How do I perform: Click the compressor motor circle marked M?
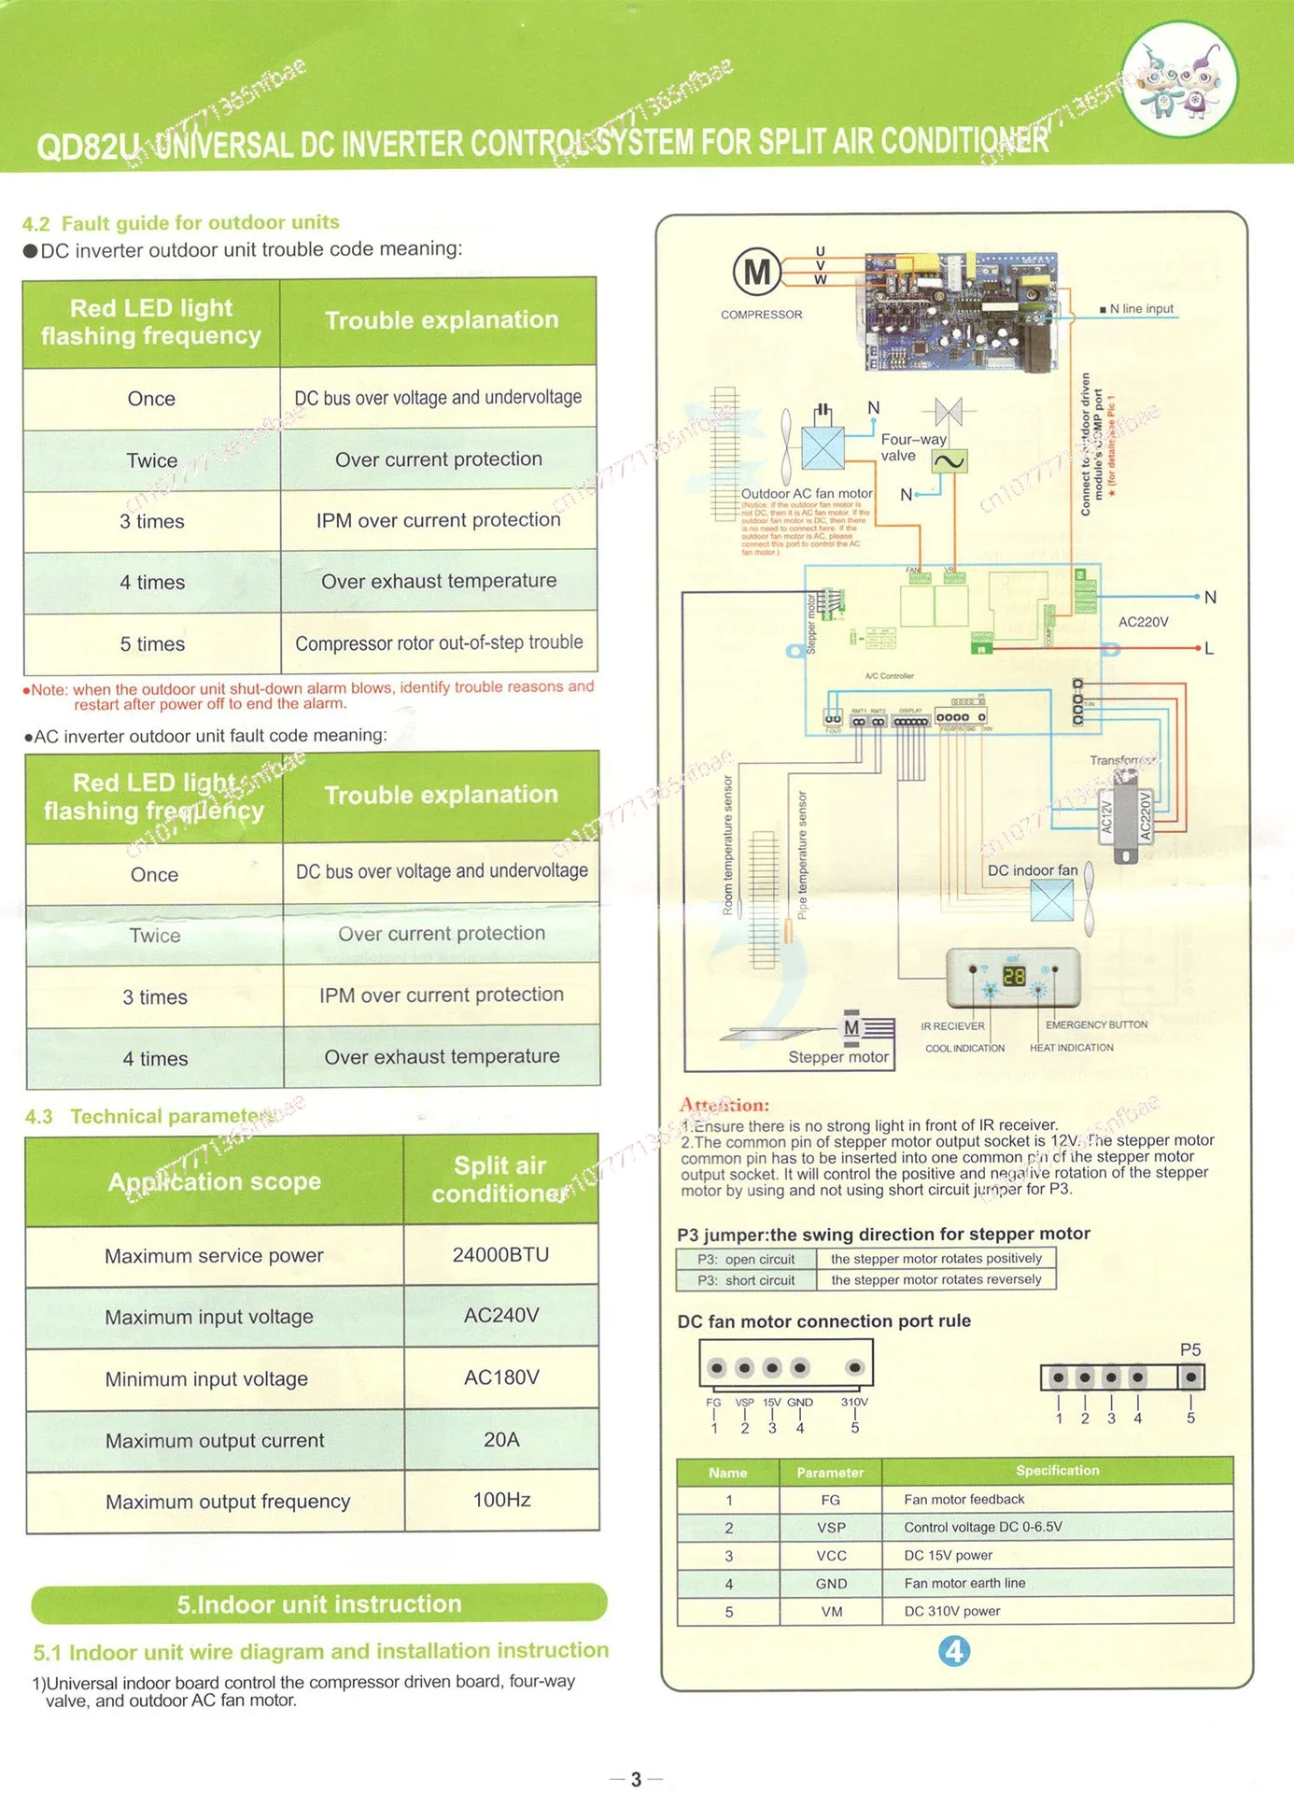(756, 272)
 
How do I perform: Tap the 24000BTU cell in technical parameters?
(500, 1254)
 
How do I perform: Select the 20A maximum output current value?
(501, 1439)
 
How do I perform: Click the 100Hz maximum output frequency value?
(501, 1500)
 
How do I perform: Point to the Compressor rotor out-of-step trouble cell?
(439, 642)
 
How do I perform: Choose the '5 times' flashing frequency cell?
(152, 643)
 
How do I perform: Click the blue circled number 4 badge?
(953, 1651)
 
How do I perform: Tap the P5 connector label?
(1189, 1349)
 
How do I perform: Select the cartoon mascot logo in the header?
(1179, 81)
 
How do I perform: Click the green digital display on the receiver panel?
(1014, 976)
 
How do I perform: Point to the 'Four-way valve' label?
(913, 447)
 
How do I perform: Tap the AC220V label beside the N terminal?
(1143, 622)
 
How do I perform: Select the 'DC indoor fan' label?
(1032, 870)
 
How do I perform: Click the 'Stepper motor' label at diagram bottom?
(837, 1057)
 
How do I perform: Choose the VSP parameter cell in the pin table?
(830, 1528)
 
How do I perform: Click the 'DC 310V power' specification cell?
(951, 1611)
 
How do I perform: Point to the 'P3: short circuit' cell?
(746, 1280)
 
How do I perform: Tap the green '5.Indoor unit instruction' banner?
(319, 1603)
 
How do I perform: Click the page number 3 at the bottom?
(636, 1779)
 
